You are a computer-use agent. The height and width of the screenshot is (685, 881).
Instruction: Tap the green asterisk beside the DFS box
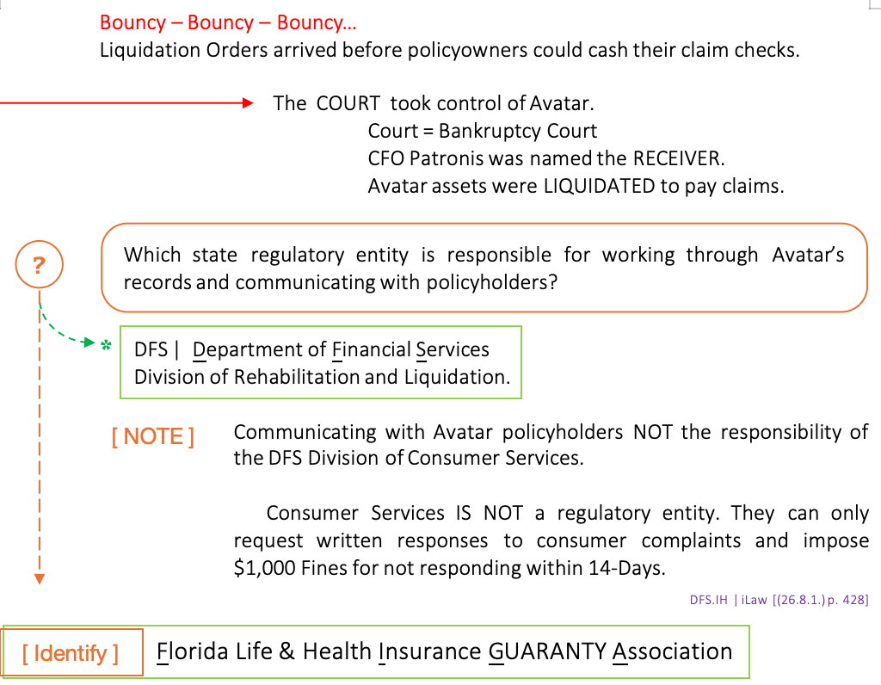(107, 346)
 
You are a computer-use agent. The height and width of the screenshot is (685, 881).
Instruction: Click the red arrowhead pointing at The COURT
(248, 103)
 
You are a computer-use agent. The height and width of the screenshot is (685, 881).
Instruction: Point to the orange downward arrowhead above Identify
(39, 580)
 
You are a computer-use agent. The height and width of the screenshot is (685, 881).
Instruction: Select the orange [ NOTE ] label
(153, 436)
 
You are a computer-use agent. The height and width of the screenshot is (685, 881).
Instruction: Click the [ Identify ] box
(71, 653)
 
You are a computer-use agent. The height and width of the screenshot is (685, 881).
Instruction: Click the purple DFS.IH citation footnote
(779, 600)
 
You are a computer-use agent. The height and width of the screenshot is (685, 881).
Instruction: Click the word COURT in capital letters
(348, 103)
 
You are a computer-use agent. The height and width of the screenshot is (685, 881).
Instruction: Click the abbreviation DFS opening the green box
(151, 349)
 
